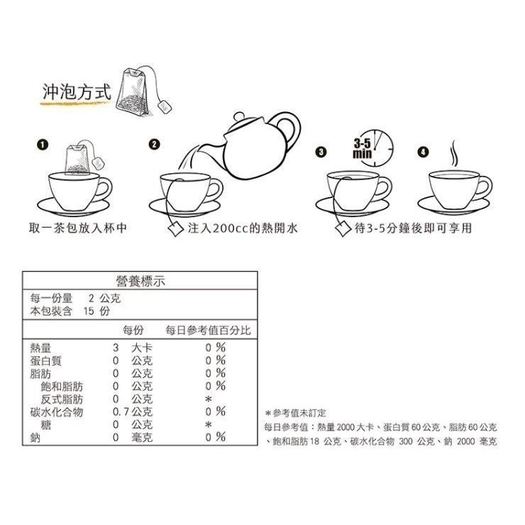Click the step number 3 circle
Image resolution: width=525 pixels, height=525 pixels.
321,152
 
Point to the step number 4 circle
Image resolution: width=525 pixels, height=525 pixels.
424,152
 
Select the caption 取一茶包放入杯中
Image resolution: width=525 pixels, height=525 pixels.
78,228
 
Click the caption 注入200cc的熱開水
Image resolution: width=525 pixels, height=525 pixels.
242,228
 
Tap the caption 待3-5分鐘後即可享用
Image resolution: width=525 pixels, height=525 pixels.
413,228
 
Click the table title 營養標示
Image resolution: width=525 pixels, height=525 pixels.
140,282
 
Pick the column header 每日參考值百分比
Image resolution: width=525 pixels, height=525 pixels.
208,331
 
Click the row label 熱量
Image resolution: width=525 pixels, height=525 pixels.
40,348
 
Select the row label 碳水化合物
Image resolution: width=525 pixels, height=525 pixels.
57,411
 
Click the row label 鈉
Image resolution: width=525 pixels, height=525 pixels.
35,437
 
